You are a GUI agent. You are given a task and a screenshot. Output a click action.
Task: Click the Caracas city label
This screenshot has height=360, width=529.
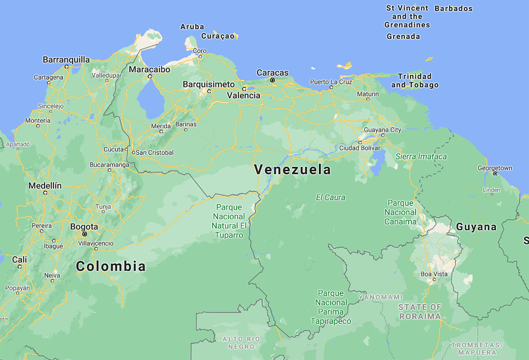272,73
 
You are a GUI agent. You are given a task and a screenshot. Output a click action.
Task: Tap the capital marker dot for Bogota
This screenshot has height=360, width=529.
85,234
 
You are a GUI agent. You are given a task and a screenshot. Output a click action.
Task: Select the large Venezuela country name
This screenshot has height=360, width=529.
292,170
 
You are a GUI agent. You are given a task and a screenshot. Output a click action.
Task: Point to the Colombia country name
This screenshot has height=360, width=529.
111,266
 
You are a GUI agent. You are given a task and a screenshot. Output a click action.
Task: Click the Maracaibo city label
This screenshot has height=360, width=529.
149,70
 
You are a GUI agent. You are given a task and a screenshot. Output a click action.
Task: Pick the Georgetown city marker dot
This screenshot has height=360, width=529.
495,174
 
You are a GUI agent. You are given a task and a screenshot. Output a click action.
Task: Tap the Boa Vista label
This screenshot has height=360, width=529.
434,274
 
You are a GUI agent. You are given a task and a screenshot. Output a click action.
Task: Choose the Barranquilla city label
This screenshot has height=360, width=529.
66,60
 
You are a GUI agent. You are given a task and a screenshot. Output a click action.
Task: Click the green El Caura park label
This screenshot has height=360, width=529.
330,197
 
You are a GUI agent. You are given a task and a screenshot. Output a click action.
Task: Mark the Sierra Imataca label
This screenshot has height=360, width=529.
421,156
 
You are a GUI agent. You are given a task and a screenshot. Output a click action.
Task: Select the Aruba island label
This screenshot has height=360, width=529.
192,27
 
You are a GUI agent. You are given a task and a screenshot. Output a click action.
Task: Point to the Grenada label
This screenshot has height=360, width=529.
403,37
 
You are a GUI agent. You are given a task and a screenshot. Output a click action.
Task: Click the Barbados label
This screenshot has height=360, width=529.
454,9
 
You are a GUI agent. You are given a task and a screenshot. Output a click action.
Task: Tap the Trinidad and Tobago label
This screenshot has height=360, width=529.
415,81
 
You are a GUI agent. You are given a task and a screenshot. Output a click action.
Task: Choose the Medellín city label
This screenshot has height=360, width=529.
45,186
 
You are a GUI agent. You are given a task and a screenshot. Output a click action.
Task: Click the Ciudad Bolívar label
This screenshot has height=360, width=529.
360,148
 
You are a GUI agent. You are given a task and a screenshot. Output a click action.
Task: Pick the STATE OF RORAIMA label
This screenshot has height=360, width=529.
420,311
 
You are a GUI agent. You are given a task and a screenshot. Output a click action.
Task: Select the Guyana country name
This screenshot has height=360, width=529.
476,227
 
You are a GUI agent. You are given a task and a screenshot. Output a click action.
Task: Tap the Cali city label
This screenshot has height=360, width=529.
20,259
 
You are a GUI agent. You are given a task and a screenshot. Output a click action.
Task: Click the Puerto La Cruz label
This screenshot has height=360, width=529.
331,82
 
